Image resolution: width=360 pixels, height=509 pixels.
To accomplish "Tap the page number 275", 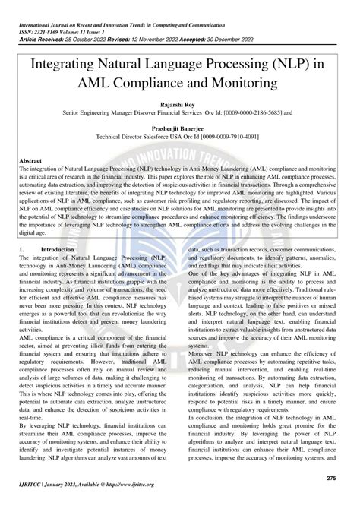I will pos(330,477).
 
